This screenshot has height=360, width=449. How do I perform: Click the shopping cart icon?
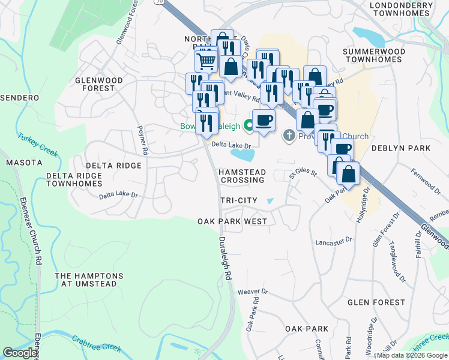(x=206, y=60)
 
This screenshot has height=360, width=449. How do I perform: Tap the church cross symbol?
(x=289, y=136)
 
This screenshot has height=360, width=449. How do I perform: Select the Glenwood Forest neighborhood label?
(x=99, y=84)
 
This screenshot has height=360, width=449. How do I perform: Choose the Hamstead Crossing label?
(x=242, y=176)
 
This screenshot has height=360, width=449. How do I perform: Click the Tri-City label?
(x=238, y=200)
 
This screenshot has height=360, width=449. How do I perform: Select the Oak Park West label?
(x=232, y=221)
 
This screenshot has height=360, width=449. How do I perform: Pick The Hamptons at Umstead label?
(x=89, y=280)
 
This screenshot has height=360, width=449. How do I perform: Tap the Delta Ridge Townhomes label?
(x=74, y=179)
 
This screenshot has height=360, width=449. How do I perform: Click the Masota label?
(x=24, y=163)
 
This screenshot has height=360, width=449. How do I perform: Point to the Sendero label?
(x=20, y=97)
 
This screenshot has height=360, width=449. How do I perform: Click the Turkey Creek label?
(x=37, y=145)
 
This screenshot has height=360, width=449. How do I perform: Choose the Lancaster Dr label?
(x=334, y=241)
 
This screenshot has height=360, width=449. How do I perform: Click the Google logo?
(x=20, y=353)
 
